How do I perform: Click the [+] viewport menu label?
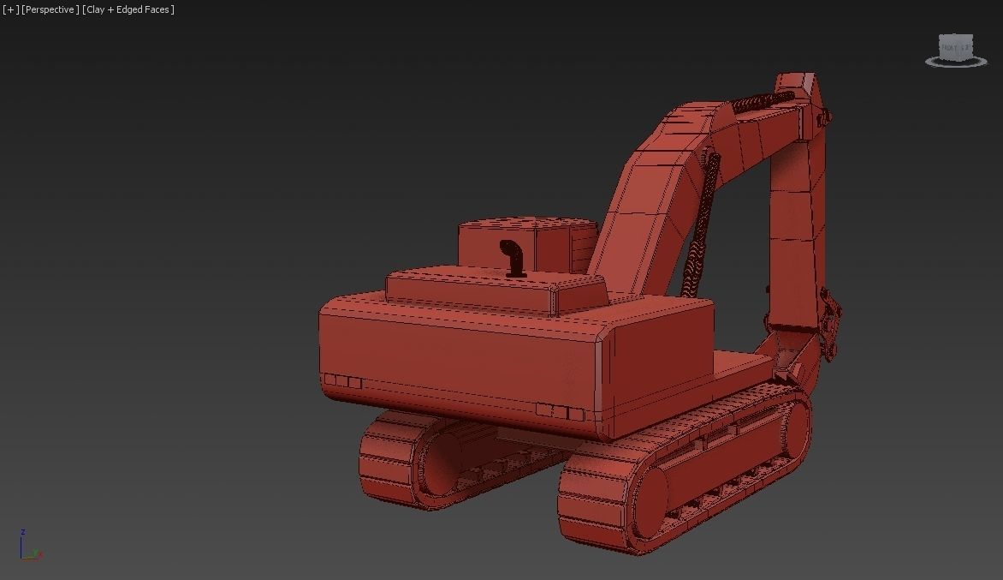(11, 9)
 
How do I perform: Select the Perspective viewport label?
(50, 9)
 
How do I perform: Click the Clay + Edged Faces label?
(128, 9)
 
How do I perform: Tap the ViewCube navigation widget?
(955, 50)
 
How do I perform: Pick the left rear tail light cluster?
(343, 381)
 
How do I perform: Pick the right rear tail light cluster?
(561, 412)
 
